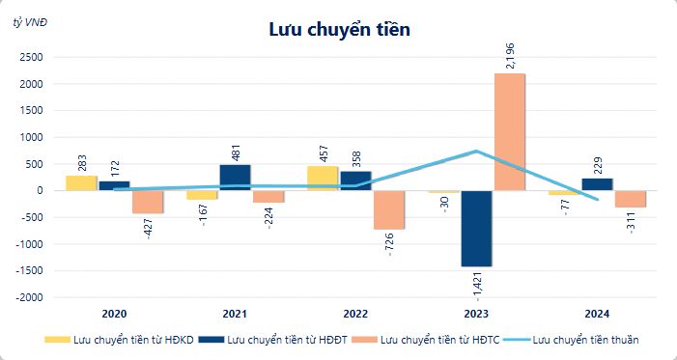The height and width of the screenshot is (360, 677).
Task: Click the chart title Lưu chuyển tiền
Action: click(x=339, y=30)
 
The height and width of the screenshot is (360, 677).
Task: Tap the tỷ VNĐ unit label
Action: click(x=30, y=20)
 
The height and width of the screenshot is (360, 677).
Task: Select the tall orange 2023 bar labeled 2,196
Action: click(x=509, y=132)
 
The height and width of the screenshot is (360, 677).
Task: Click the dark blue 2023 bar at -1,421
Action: click(x=476, y=228)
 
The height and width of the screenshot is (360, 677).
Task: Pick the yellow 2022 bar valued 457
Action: click(x=324, y=179)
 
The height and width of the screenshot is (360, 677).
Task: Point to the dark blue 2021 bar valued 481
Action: click(x=235, y=178)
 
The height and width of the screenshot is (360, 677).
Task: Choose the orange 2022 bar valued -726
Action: click(x=388, y=209)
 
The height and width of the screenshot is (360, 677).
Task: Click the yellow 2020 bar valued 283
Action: click(x=81, y=182)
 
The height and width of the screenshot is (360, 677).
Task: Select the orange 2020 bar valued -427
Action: click(x=147, y=202)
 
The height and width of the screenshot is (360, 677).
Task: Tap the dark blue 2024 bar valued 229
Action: click(x=597, y=184)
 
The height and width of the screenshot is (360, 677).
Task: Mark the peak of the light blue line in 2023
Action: click(x=477, y=151)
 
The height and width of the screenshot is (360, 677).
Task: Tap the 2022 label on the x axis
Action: click(x=356, y=315)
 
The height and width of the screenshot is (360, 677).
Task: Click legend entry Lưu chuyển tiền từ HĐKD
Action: click(x=120, y=340)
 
